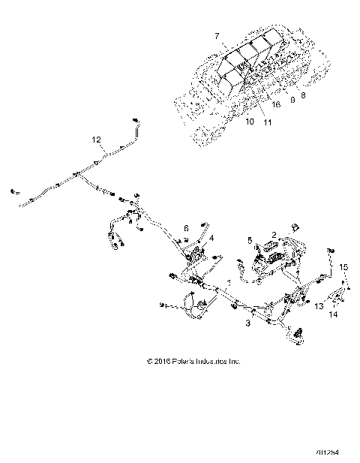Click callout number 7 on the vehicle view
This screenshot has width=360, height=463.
[217, 36]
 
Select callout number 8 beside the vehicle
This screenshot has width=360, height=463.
[303, 95]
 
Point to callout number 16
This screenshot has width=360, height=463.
[276, 106]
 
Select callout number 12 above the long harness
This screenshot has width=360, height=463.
[95, 140]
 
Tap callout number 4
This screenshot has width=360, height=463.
[212, 238]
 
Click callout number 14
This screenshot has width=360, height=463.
[334, 315]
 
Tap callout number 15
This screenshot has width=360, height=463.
[344, 266]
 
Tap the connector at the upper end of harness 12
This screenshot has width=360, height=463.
[136, 120]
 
